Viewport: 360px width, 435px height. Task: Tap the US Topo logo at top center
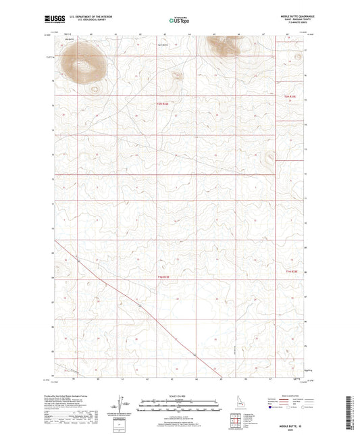tap(179, 22)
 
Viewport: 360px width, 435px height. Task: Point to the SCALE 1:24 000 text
tap(179, 394)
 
